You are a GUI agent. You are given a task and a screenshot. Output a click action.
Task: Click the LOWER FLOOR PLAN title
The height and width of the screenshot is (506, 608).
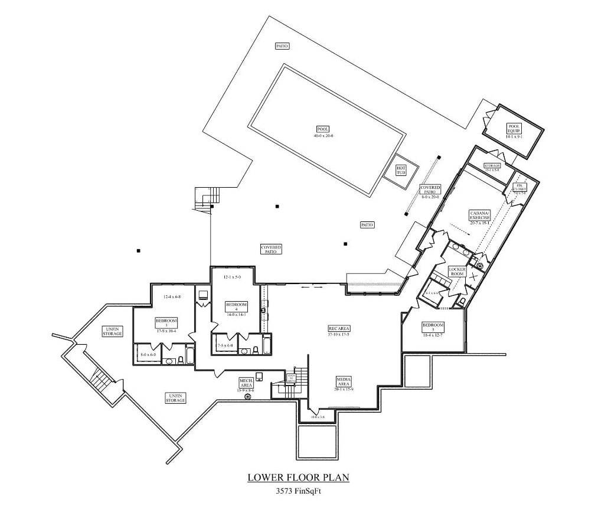pos(302,476)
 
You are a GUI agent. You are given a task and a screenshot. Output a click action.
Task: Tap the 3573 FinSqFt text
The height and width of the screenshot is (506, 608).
pos(302,490)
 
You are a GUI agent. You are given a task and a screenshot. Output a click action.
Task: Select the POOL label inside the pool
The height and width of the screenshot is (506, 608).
pos(323,129)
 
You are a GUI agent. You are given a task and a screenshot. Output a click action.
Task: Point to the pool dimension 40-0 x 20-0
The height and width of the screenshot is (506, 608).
pos(323,136)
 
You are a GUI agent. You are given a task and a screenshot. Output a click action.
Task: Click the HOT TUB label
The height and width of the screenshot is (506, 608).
pos(401,169)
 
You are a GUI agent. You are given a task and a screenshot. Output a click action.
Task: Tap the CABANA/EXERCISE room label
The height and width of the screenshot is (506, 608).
pos(479,215)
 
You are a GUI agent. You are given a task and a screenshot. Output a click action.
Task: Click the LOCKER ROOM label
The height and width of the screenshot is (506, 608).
pos(457,272)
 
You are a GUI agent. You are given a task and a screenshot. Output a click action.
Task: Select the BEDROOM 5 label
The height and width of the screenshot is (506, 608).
pos(433,327)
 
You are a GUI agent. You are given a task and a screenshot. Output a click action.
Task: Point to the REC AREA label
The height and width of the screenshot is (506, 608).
pos(339,328)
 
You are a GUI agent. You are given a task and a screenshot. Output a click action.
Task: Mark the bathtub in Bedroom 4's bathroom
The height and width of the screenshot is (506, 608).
pos(266,345)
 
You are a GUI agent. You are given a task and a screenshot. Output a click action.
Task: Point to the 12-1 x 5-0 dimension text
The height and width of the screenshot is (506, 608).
pos(232,277)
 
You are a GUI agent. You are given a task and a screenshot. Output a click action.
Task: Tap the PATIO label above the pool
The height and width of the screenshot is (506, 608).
pos(282,46)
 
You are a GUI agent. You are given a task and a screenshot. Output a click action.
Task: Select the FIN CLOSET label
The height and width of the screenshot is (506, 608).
pos(521,187)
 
